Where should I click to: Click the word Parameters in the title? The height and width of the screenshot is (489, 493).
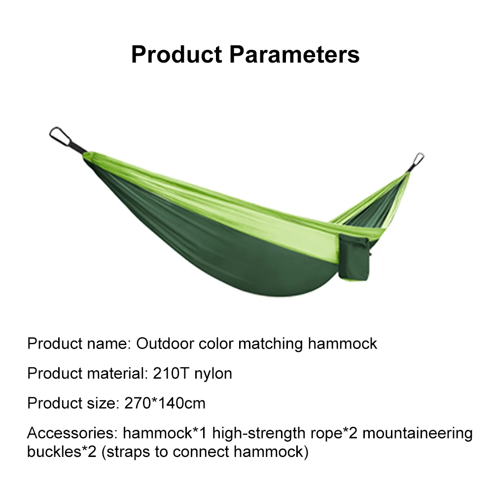point(294,54)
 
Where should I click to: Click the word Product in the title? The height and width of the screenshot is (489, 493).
point(176,54)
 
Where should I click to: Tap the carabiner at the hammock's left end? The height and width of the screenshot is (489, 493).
point(60,136)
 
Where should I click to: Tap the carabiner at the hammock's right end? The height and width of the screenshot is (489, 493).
point(417,161)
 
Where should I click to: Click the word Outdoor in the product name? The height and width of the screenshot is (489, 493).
point(165,344)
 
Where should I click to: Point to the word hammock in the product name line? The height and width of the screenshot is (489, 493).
point(343,344)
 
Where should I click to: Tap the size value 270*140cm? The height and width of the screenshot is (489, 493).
point(165,403)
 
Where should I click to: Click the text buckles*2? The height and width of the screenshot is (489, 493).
point(62,452)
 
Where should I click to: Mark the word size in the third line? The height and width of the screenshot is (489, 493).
point(103,403)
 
